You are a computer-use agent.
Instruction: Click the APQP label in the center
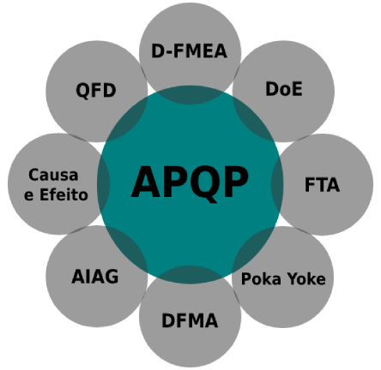[x=190, y=182]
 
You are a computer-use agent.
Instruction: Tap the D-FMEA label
[x=189, y=51]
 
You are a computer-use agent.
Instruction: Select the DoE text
[x=284, y=89]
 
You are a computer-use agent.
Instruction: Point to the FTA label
[x=322, y=185]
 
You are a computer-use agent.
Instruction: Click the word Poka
[x=261, y=278]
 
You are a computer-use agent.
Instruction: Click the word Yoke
[x=306, y=278]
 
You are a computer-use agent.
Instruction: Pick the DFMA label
[x=190, y=320]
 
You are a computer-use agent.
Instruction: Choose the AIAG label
[x=95, y=277]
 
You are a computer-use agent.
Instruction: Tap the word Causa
[x=53, y=175]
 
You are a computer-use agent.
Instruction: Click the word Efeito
[x=63, y=195]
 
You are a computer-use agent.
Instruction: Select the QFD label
[x=96, y=91]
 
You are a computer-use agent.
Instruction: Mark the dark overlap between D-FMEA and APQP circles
[x=190, y=94]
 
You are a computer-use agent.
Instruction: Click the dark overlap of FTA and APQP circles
[x=277, y=185]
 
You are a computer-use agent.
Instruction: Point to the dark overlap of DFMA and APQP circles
[x=190, y=275]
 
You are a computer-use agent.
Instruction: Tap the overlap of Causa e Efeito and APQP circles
[x=103, y=184]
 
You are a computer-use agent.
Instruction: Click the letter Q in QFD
[x=83, y=91]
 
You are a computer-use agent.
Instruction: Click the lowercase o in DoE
[x=286, y=91]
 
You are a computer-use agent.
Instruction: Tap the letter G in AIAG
[x=112, y=277]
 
